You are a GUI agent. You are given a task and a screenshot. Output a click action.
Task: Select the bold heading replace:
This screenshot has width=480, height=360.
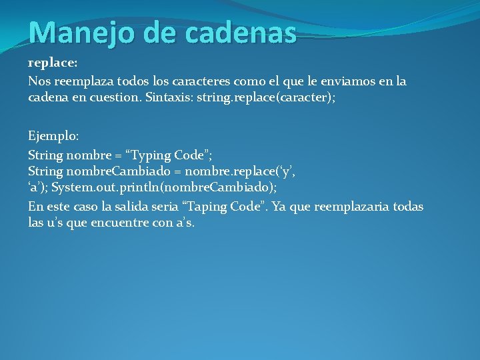pyautogui.click(x=53, y=63)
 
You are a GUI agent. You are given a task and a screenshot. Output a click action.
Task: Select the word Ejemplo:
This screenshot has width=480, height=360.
pyautogui.click(x=53, y=136)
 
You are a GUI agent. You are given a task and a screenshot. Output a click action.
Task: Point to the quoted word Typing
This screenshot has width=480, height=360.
pyautogui.click(x=150, y=155)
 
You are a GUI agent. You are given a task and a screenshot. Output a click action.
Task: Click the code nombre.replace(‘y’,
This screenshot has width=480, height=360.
pyautogui.click(x=240, y=172)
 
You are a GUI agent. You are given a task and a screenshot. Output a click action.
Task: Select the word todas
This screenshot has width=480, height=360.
pyautogui.click(x=407, y=207)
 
